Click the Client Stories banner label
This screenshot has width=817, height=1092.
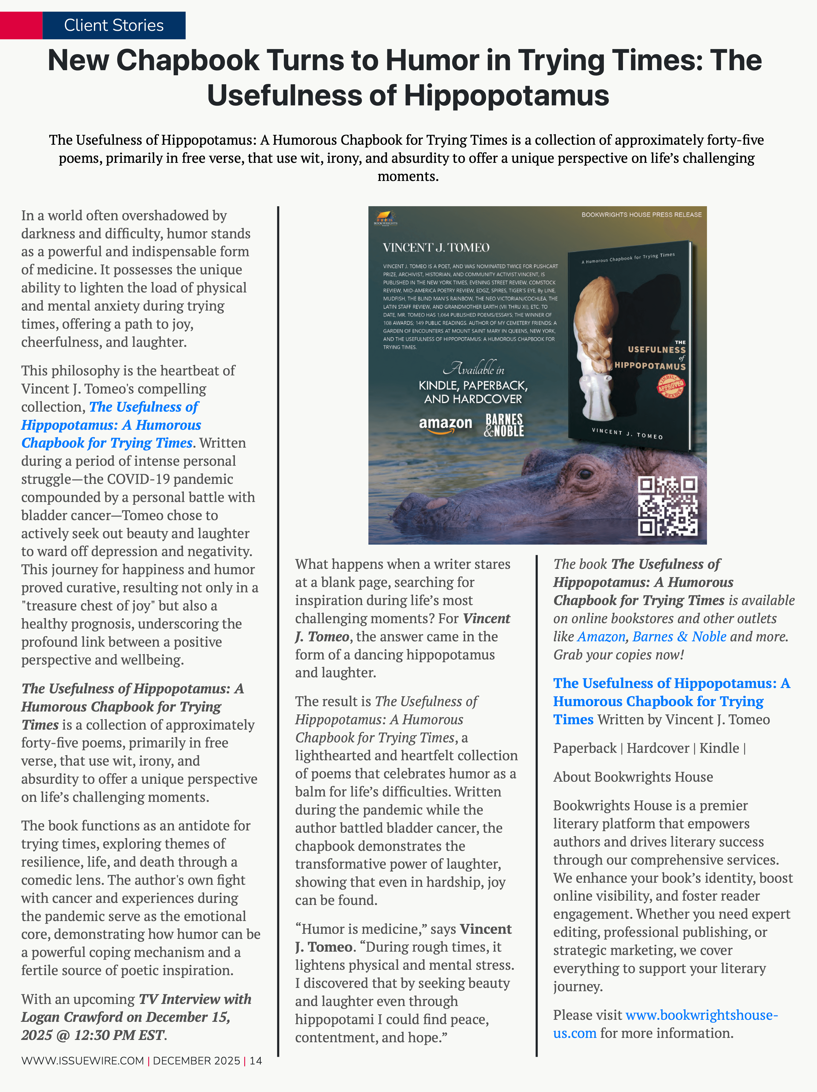[x=114, y=25]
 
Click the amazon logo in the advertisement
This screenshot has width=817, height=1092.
[x=445, y=425]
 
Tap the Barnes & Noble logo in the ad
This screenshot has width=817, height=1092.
[x=504, y=425]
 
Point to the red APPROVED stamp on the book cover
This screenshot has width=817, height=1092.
[x=670, y=386]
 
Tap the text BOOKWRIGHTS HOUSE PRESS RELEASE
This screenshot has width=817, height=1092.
[x=641, y=215]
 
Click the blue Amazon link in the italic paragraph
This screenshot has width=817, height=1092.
[x=601, y=637]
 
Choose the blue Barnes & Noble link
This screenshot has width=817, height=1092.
[x=679, y=637]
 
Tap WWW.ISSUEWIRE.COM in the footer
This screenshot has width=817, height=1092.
[x=82, y=1060]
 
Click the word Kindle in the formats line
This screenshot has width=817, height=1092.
[x=719, y=748]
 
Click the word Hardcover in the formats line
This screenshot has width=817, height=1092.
[x=657, y=748]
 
